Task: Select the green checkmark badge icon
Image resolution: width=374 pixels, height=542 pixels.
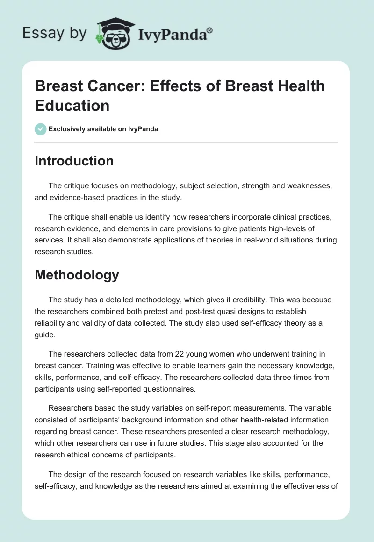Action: pos(41,129)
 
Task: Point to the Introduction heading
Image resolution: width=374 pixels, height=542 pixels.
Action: pos(74,161)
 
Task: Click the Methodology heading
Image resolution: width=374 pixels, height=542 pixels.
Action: pos(77,275)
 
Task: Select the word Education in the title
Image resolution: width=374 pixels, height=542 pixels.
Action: pos(72,105)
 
